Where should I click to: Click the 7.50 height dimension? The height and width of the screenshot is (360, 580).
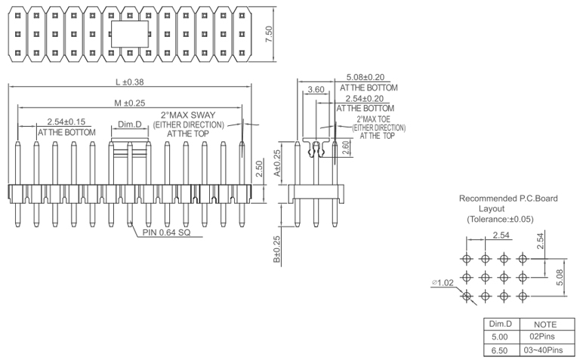click(x=269, y=34)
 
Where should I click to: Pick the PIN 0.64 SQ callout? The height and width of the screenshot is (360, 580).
click(x=166, y=232)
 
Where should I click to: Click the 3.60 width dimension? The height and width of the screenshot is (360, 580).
click(x=316, y=91)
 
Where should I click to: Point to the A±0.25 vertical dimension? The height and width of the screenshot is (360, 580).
click(x=276, y=162)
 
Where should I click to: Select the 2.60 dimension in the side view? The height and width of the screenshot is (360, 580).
click(x=345, y=148)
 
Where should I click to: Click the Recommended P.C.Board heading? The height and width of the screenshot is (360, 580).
click(x=508, y=198)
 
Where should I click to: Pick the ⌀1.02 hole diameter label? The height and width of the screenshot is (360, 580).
click(x=443, y=283)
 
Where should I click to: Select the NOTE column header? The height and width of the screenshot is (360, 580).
click(x=545, y=323)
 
